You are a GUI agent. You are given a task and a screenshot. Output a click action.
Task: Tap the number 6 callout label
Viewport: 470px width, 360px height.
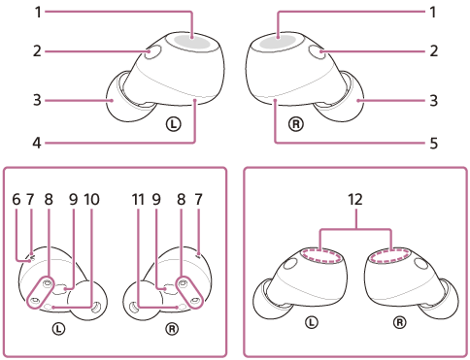pyautogui.click(x=17, y=199)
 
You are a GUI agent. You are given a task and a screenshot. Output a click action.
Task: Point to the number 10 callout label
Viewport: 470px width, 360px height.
pyautogui.click(x=92, y=199)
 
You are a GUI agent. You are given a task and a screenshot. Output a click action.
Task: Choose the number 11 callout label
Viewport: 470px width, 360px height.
pyautogui.click(x=139, y=199)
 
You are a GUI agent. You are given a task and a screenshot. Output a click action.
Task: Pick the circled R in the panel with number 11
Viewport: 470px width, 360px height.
pyautogui.click(x=172, y=328)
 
